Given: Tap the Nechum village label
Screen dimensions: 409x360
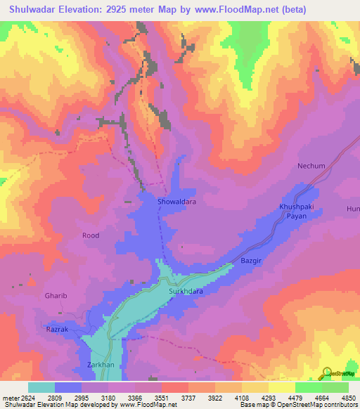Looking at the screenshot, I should pyautogui.click(x=311, y=166).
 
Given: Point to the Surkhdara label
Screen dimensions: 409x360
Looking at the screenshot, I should pyautogui.click(x=186, y=290).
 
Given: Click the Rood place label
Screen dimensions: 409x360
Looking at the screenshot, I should pyautogui.click(x=91, y=235).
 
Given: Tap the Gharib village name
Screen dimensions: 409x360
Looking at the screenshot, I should pyautogui.click(x=56, y=296).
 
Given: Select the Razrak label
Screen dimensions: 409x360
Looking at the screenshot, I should pyautogui.click(x=58, y=329).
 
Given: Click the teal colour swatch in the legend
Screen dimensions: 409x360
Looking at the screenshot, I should pyautogui.click(x=41, y=387).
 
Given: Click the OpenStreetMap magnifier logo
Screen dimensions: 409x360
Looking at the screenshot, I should pyautogui.click(x=327, y=372).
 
